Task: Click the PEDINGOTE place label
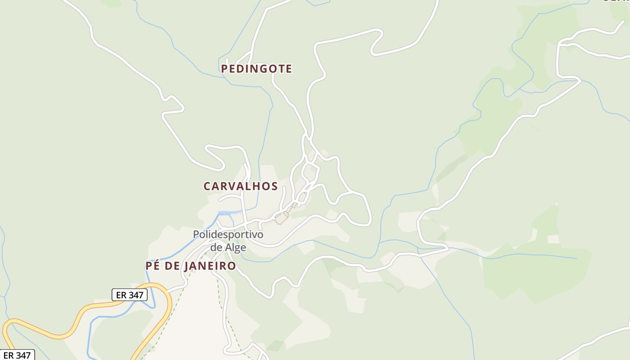click(256, 69)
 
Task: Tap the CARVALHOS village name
click(240, 186)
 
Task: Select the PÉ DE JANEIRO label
click(191, 266)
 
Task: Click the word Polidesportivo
click(228, 234)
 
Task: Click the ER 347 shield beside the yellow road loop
click(130, 295)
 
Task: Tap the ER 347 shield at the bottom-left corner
click(17, 355)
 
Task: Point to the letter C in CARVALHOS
click(207, 186)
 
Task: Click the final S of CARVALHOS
click(274, 186)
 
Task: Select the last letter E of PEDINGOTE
click(289, 69)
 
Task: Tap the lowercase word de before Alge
click(216, 247)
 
